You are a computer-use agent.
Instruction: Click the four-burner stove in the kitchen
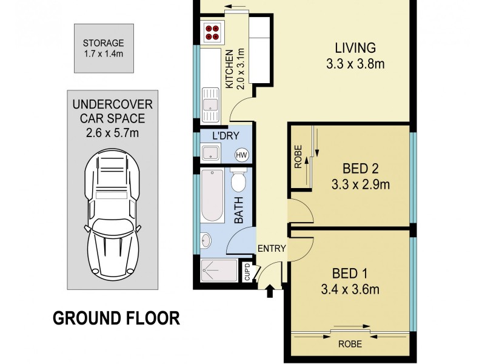[213, 32]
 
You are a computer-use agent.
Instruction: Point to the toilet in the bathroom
[238, 180]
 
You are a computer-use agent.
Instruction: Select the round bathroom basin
[205, 240]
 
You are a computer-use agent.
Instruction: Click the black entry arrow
[270, 292]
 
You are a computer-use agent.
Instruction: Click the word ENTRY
[271, 249]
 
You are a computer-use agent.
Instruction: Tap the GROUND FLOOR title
[116, 318]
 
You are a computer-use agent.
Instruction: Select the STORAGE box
[104, 48]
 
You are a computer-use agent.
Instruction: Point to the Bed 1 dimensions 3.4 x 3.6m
[349, 290]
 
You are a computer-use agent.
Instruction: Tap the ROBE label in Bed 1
[351, 344]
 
